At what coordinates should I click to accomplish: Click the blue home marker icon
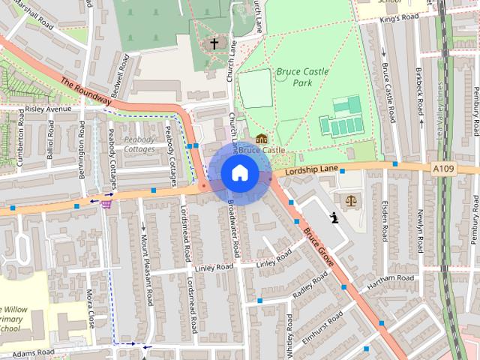click(239, 172)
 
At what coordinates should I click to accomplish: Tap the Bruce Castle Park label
click(294, 77)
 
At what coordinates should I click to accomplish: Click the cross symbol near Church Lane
click(214, 43)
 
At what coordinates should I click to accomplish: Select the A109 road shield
click(444, 170)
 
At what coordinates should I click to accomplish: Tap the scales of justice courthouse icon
click(350, 200)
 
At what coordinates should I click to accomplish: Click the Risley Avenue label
click(48, 109)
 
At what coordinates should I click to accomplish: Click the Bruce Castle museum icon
click(261, 139)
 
